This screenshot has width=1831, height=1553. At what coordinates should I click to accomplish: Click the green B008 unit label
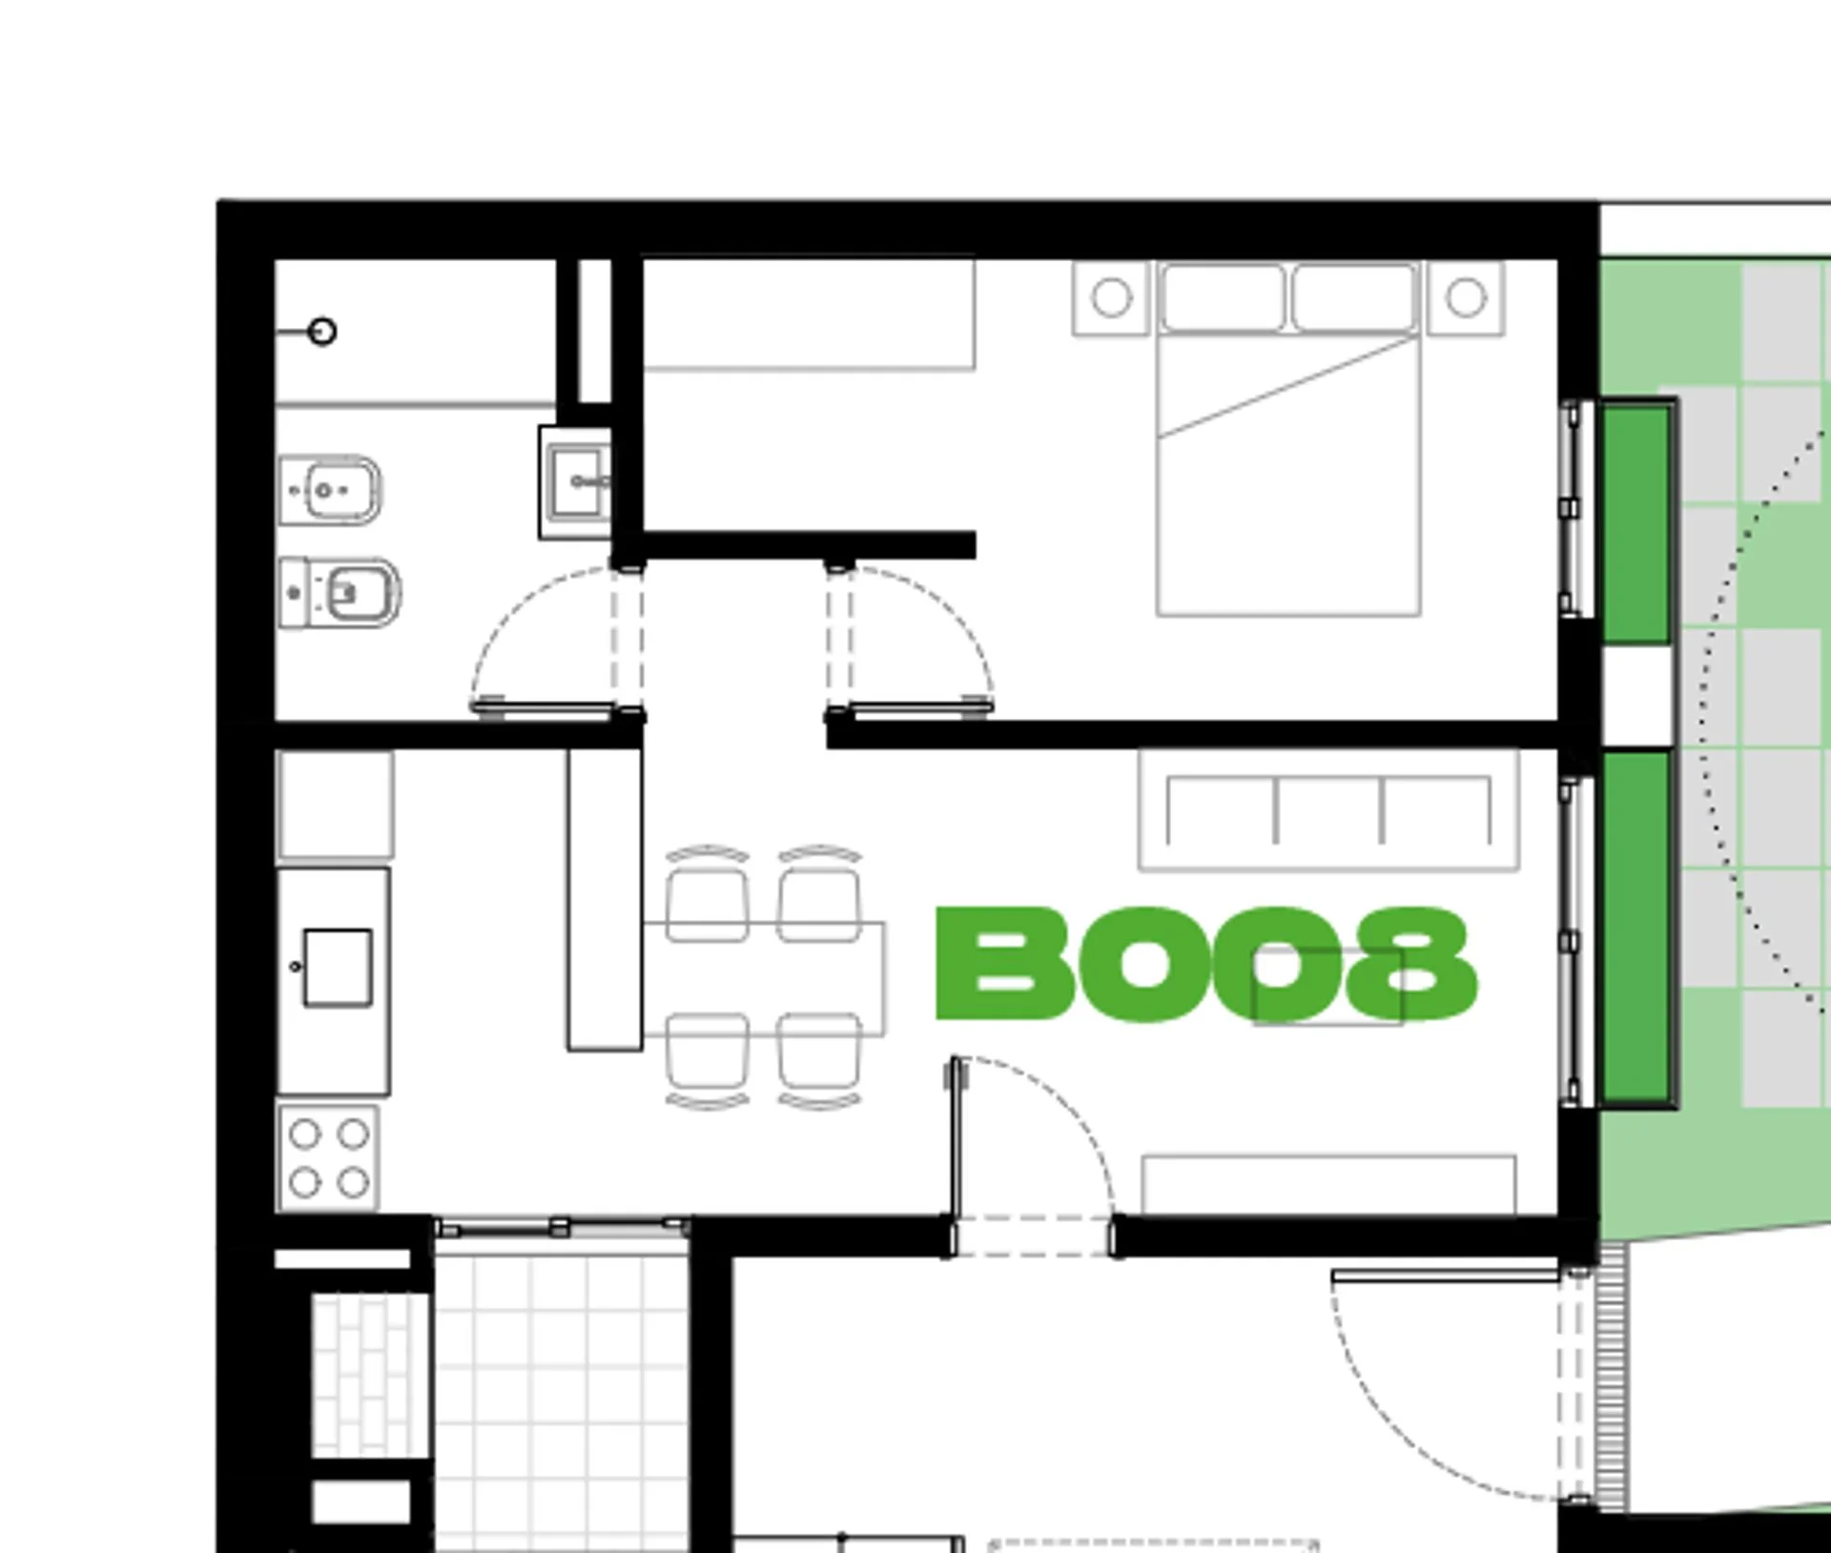click(x=1206, y=963)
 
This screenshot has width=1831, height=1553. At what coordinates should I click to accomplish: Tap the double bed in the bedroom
click(x=1288, y=439)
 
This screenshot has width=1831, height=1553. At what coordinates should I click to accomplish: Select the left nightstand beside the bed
click(x=1111, y=298)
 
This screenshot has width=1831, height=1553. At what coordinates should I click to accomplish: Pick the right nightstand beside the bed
click(x=1467, y=298)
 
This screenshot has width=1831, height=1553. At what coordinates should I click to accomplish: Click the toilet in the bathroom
click(x=339, y=592)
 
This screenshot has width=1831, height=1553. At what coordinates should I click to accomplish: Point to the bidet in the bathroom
click(x=330, y=490)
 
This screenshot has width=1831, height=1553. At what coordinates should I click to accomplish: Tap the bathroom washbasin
click(x=575, y=482)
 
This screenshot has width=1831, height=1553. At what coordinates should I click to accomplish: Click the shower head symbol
click(x=323, y=332)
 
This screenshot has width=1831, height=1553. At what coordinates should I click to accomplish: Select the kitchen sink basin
click(x=338, y=968)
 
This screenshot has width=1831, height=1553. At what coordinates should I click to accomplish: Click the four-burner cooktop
click(x=328, y=1158)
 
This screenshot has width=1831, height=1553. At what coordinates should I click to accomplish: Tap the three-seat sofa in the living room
click(x=1328, y=810)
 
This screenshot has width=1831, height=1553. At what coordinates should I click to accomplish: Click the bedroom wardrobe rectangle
click(x=809, y=314)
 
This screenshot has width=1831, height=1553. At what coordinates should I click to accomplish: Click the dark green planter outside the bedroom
click(x=1636, y=523)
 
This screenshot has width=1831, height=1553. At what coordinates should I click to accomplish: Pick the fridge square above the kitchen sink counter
click(x=336, y=805)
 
